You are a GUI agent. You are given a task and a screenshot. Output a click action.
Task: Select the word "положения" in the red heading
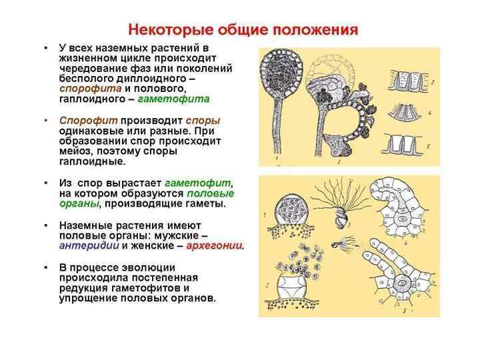[316, 30]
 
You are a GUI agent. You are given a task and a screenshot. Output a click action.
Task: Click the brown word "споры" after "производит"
[202, 120]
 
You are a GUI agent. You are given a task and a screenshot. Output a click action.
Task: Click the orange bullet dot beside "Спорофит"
[45, 121]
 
